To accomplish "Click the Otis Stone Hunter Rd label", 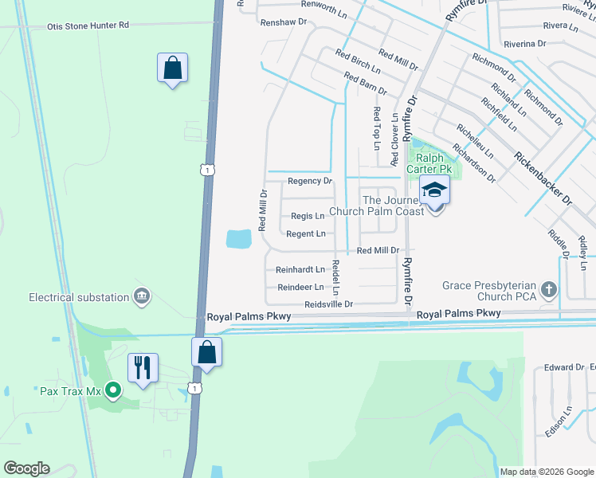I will pyautogui.click(x=88, y=25).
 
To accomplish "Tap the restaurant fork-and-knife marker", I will pyautogui.click(x=143, y=368).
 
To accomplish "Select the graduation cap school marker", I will pyautogui.click(x=434, y=190).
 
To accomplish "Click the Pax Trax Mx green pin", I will pyautogui.click(x=113, y=390).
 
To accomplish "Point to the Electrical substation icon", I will pyautogui.click(x=142, y=297).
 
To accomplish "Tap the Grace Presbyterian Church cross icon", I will pyautogui.click(x=548, y=289).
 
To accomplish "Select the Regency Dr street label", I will pyautogui.click(x=309, y=181).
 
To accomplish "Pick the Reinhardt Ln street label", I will pyautogui.click(x=300, y=270).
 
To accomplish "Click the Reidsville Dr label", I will pyautogui.click(x=327, y=304).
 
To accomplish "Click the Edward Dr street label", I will pyautogui.click(x=564, y=367).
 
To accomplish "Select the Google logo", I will pyautogui.click(x=26, y=468).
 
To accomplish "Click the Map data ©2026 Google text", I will pyautogui.click(x=547, y=472).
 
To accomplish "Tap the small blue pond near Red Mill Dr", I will pyautogui.click(x=239, y=238).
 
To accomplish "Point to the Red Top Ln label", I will pyautogui.click(x=376, y=128).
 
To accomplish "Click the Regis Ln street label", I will pyautogui.click(x=308, y=216).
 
